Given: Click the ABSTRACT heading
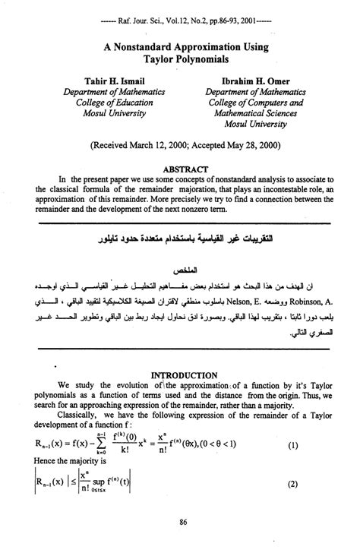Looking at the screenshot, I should pyautogui.click(x=181, y=161).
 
